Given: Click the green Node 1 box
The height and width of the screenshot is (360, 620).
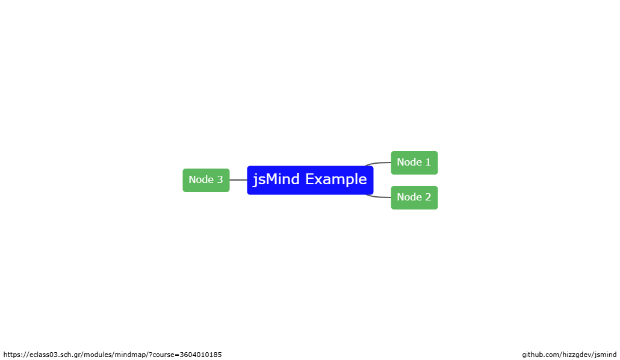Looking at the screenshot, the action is (414, 163).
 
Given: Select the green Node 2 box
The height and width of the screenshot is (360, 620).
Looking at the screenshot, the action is (414, 197).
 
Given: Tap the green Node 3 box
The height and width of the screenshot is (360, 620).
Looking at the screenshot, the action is (206, 180).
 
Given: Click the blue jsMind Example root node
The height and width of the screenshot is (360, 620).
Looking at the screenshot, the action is (310, 180).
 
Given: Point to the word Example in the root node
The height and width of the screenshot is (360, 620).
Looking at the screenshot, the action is (336, 179).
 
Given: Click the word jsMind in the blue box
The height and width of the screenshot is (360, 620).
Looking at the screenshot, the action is (276, 179).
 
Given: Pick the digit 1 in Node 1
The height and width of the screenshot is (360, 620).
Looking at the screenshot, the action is (427, 162).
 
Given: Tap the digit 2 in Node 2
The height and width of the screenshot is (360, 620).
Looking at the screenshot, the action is (427, 197).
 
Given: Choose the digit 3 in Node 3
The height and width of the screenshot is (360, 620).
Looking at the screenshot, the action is (220, 179).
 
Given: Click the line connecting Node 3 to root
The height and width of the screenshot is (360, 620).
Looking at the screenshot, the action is (238, 180).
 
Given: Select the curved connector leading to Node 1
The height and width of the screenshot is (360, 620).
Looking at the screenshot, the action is (377, 163).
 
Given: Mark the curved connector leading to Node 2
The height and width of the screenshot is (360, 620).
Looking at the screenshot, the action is (377, 197).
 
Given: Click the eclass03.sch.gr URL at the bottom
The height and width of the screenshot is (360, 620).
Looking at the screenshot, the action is (113, 355).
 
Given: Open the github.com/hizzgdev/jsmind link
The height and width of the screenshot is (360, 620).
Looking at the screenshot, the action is (569, 355).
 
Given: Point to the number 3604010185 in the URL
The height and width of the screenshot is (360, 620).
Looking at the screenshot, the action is (201, 355).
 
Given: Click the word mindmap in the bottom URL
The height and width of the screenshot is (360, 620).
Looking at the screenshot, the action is (131, 355).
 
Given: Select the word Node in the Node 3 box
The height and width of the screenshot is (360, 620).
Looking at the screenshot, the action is (201, 179).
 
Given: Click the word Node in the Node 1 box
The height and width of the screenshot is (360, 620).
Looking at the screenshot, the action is (409, 162).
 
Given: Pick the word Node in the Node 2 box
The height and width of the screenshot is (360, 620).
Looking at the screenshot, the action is (409, 197).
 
